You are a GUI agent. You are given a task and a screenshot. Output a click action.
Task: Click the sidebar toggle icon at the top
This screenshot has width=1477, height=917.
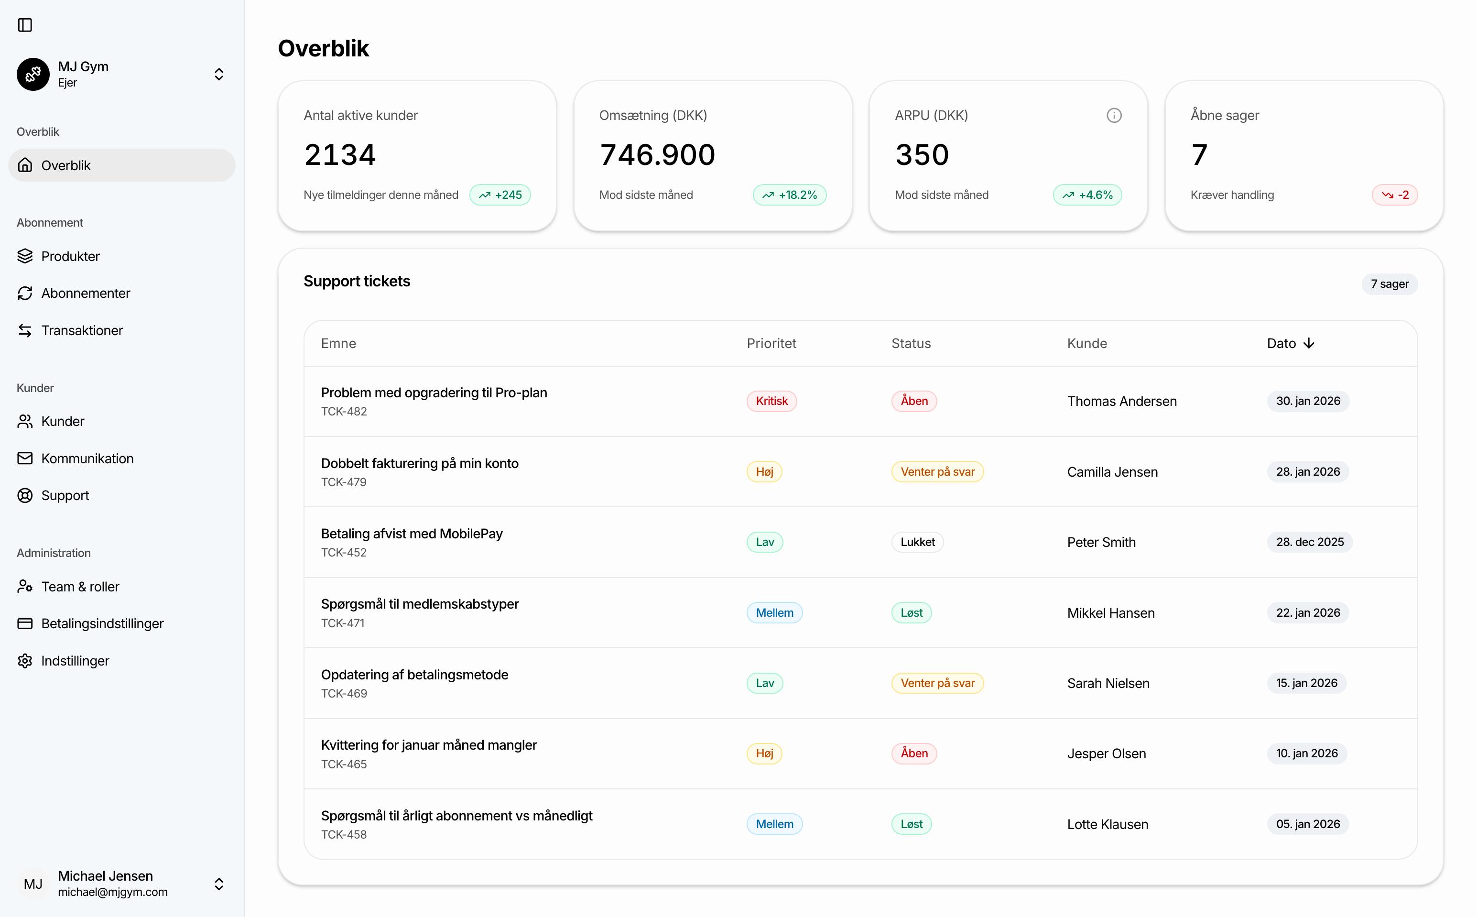coord(25,25)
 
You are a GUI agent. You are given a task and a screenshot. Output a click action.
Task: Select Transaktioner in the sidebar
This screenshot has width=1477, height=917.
coord(82,330)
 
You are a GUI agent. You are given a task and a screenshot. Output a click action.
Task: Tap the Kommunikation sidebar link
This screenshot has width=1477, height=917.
coord(87,458)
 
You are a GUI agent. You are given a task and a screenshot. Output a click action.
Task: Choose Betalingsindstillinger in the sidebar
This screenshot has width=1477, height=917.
coord(102,623)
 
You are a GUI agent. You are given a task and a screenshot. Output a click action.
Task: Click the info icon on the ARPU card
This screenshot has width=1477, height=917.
coord(1114,115)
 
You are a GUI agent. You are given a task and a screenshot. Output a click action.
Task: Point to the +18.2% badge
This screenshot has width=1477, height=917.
coord(790,195)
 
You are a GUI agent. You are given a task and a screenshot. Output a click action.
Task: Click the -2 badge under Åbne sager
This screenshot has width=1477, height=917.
coord(1394,195)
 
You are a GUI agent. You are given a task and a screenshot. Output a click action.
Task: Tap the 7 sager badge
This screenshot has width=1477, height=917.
coord(1389,284)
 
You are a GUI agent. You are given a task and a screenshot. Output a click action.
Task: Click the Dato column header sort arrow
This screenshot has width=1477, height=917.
coord(1309,343)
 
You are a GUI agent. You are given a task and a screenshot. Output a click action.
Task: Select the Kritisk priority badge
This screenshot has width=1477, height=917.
coord(771,401)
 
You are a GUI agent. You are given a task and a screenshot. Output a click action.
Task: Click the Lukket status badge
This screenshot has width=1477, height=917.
coord(917,542)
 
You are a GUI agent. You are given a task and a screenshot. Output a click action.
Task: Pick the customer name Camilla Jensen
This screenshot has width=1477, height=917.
coord(1112,472)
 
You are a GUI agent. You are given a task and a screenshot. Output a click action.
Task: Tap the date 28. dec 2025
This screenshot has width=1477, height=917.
coord(1310,542)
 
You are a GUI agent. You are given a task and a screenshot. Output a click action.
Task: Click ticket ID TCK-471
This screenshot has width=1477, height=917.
coord(343,623)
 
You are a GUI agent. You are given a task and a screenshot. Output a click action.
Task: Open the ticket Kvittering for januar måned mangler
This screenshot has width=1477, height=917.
coord(429,745)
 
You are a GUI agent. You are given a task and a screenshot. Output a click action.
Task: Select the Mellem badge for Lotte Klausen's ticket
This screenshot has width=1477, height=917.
coord(774,824)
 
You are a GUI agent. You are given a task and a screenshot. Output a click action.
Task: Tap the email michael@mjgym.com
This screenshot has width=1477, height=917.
coord(113,892)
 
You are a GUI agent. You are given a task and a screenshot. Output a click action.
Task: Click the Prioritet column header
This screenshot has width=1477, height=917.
coord(771,343)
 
